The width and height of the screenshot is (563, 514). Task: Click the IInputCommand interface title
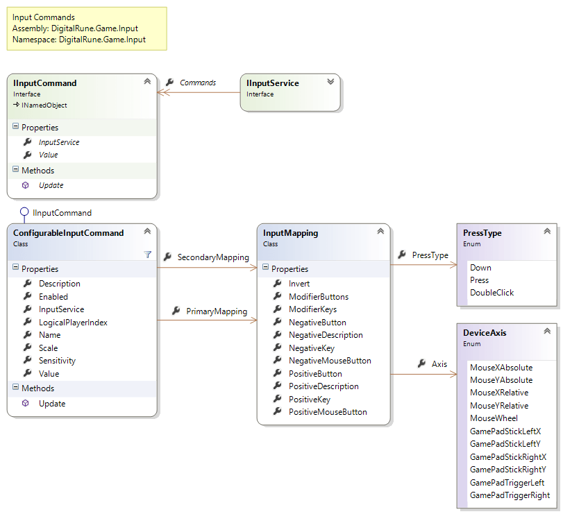44,83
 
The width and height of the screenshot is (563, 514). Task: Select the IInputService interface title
272,83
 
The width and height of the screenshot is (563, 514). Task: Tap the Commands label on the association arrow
198,83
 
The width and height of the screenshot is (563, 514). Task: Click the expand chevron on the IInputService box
330,82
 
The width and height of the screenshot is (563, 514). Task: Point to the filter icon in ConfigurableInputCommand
147,255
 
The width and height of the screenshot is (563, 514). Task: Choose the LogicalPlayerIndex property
73,322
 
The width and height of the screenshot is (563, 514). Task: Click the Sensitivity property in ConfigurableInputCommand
57,361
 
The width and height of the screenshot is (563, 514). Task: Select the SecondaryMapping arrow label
212,257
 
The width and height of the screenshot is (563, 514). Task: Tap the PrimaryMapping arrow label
216,311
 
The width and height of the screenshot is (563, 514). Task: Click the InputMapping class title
290,233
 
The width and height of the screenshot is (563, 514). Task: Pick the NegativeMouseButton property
330,361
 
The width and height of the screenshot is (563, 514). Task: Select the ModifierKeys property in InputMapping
312,309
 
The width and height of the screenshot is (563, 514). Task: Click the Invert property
299,284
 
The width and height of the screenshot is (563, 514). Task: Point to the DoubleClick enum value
491,293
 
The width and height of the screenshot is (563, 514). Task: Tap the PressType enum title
482,233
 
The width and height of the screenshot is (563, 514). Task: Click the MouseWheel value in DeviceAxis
494,418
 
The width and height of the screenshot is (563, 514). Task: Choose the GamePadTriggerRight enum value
510,495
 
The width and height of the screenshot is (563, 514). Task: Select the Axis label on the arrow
439,363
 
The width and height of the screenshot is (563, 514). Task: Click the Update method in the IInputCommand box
51,185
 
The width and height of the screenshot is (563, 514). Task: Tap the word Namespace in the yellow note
33,40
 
